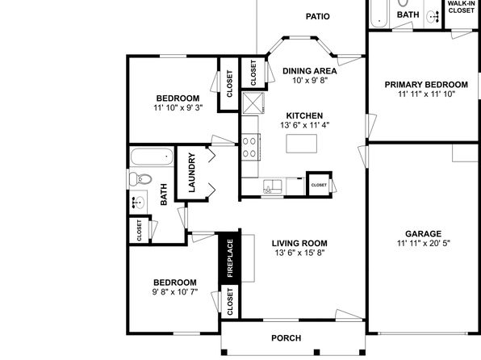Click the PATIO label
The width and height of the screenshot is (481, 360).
(317, 16)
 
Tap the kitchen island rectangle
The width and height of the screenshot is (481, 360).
(302, 144)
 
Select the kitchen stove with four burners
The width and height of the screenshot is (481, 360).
(251, 147)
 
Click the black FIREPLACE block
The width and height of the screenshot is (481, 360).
(230, 258)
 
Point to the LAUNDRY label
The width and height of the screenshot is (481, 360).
(192, 173)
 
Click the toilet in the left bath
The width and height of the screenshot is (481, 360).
(140, 178)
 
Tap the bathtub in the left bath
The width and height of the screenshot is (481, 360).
(152, 157)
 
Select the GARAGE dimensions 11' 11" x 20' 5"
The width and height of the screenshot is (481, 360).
(424, 244)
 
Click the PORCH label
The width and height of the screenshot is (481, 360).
(287, 338)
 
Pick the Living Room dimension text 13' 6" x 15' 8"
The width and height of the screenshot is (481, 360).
(299, 253)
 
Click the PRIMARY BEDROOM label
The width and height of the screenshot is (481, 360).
(426, 85)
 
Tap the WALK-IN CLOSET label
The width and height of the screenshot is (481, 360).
(461, 7)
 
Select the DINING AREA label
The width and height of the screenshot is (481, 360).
(310, 71)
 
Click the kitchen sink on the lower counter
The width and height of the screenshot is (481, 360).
(273, 186)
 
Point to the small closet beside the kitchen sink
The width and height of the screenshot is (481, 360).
(319, 185)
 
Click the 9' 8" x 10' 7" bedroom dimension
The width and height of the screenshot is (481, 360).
(175, 292)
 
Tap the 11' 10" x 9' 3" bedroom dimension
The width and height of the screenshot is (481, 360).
(178, 107)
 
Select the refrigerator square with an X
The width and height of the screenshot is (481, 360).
(253, 103)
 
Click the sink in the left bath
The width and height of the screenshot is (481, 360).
(138, 203)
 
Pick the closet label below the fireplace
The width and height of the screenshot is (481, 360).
(230, 302)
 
